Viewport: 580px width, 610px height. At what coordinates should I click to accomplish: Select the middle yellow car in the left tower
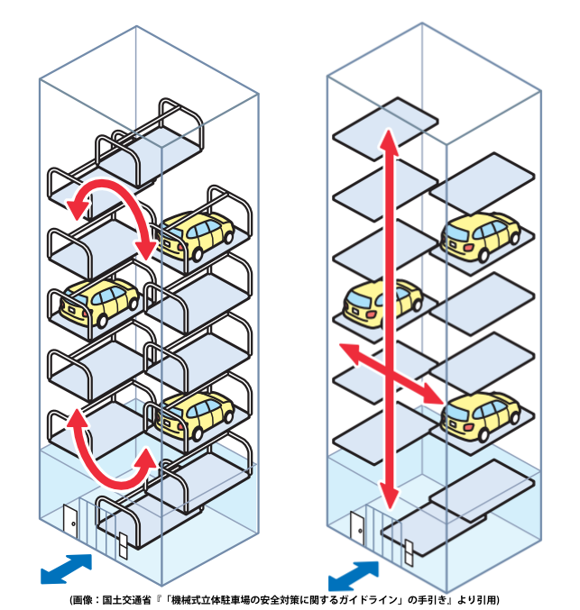pyautogui.click(x=100, y=301)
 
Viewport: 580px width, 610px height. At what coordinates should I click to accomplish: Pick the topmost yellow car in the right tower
pyautogui.click(x=480, y=237)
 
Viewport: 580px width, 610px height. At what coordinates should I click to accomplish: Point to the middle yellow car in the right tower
pyautogui.click(x=383, y=303)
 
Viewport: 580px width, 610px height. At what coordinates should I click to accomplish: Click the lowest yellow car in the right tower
pyautogui.click(x=482, y=415)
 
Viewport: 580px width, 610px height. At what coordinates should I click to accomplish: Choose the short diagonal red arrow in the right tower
pyautogui.click(x=390, y=371)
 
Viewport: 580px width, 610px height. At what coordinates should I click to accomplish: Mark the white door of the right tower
pyautogui.click(x=357, y=526)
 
